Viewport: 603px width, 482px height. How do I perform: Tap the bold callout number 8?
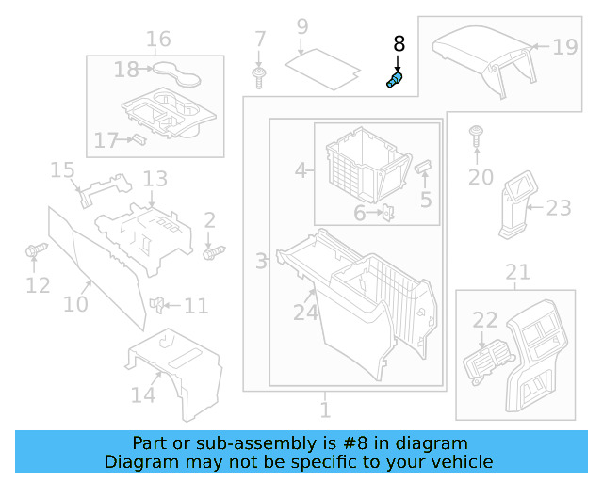click(x=399, y=44)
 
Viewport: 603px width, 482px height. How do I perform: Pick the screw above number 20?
click(x=477, y=135)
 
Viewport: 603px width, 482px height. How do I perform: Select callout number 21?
click(x=517, y=273)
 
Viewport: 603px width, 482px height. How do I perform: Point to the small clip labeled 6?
click(x=386, y=213)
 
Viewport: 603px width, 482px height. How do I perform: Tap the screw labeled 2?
click(x=215, y=252)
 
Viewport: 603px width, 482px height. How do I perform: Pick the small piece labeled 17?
click(x=138, y=139)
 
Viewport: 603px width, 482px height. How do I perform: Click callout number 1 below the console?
click(x=325, y=410)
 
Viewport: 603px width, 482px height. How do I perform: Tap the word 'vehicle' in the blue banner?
click(x=459, y=461)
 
